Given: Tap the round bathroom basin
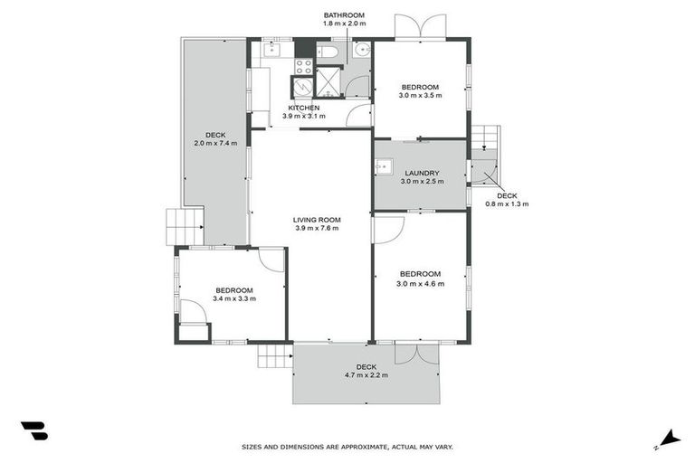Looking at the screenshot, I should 360,51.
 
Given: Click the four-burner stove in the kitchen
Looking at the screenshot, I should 303,65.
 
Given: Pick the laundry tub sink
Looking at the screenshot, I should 384,165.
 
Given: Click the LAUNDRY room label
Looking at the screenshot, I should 422,173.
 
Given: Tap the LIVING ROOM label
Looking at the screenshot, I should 316,219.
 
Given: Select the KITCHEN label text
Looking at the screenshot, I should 303,108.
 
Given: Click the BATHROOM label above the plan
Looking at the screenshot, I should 344,15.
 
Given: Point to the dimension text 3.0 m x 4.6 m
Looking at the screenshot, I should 420,284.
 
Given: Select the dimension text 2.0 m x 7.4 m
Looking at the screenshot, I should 215,143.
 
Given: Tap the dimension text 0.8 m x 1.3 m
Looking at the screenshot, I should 507,204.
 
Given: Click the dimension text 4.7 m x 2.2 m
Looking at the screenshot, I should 367,376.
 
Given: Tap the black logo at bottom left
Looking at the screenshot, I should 33,431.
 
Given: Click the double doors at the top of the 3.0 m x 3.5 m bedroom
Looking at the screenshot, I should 421,27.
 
